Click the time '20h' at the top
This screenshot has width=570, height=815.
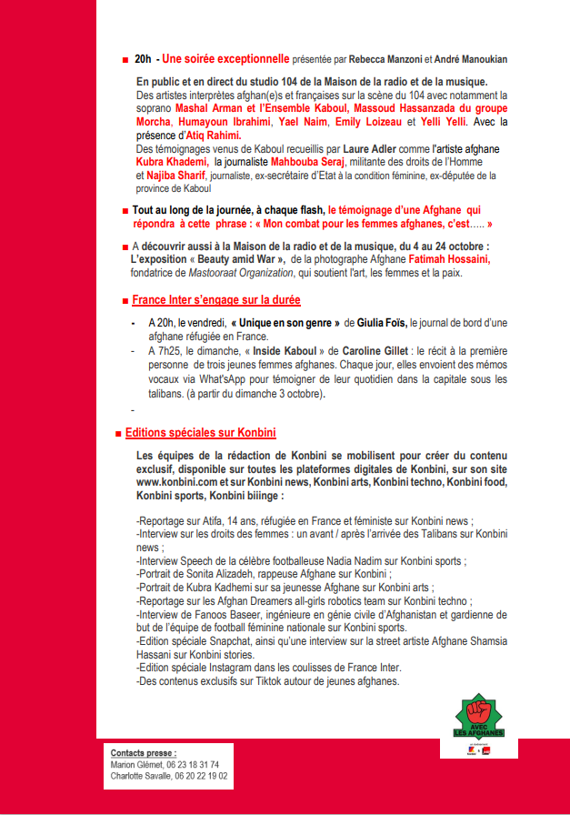click(143, 59)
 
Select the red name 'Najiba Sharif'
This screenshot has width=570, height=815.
click(175, 175)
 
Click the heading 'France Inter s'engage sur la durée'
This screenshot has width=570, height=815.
click(216, 299)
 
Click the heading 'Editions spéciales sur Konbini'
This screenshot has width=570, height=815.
click(200, 433)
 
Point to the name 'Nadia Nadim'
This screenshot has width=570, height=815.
click(363, 562)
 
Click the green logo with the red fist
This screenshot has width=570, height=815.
click(479, 715)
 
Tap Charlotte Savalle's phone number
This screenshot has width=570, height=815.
click(203, 777)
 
